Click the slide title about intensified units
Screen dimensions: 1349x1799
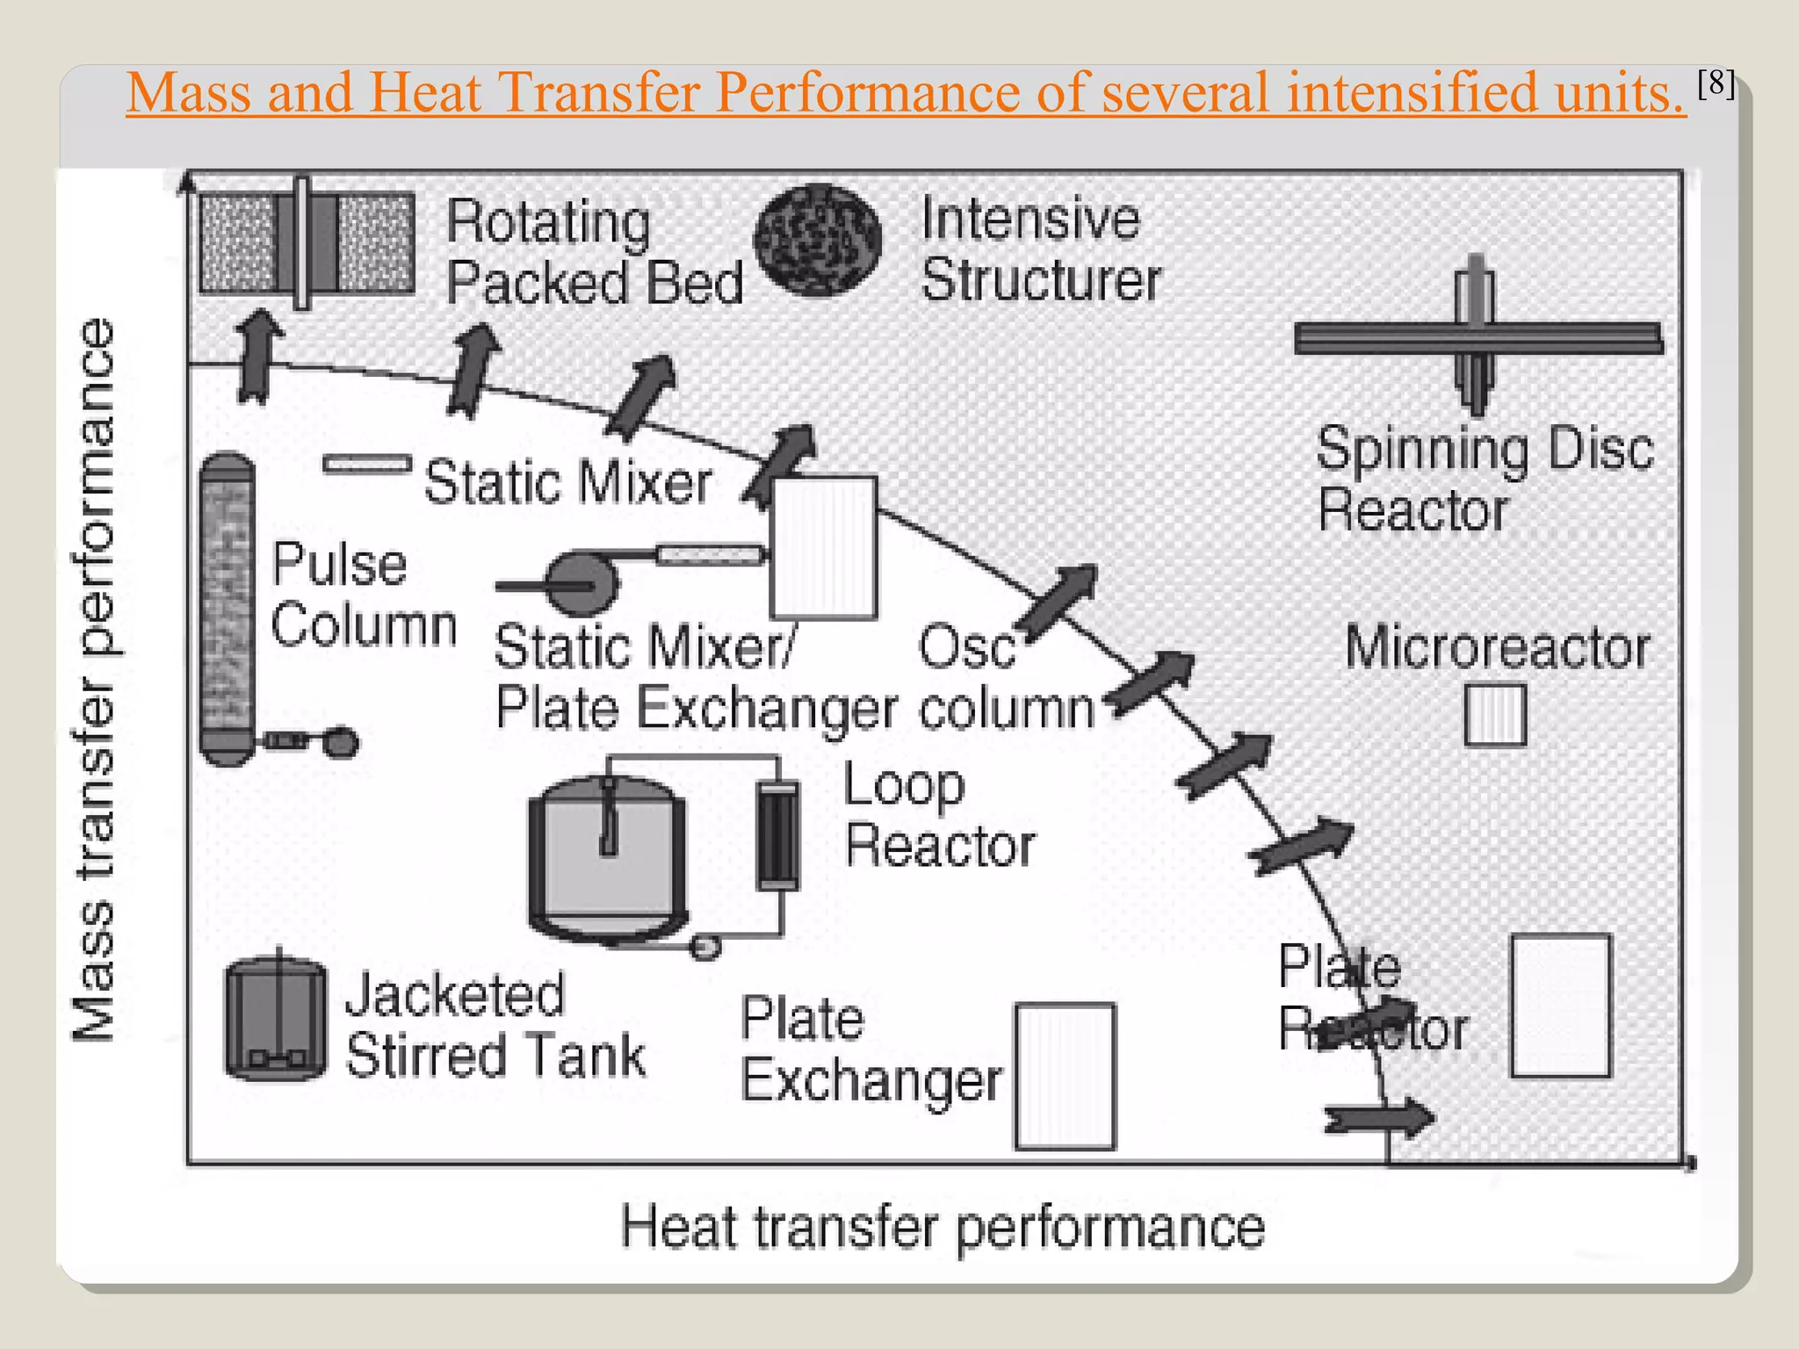coord(905,91)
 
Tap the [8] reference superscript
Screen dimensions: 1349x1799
coord(1715,83)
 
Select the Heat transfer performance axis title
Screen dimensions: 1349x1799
coord(942,1227)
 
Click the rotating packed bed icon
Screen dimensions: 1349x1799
coord(306,243)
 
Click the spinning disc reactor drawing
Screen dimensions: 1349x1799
coord(1477,336)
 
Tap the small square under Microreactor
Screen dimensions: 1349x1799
coord(1495,715)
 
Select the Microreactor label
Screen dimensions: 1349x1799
coord(1497,648)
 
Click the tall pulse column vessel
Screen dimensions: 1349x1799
coord(228,608)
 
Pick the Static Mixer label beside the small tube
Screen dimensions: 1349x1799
coord(567,482)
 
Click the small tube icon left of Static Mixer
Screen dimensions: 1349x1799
coord(366,464)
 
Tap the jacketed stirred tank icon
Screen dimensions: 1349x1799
coord(276,1019)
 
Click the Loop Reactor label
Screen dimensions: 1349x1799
coord(938,815)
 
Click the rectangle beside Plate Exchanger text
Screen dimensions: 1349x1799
coord(1065,1076)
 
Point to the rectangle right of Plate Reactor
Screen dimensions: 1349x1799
coord(1561,1006)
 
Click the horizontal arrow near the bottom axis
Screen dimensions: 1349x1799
coord(1379,1119)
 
